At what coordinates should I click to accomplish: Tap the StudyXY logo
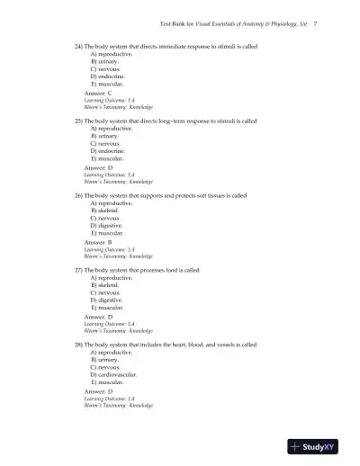314,446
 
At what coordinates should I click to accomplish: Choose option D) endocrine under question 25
108,150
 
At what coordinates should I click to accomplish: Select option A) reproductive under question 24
111,53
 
